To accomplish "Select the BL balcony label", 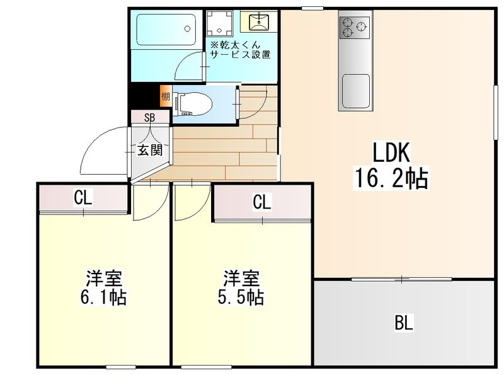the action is click(404, 323).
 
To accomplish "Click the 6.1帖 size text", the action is click(103, 297).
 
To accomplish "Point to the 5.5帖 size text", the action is click(241, 297).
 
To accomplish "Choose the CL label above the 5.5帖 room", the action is click(262, 202).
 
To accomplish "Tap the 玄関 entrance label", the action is click(150, 150).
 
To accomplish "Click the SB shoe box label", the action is click(150, 118).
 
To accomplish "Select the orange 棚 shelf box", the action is click(166, 96).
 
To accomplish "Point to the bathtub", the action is click(166, 30).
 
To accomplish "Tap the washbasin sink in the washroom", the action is click(258, 21).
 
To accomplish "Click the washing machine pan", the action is click(219, 23).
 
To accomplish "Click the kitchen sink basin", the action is click(356, 91).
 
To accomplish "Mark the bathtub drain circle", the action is click(187, 28).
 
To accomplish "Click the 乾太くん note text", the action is click(240, 50).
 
